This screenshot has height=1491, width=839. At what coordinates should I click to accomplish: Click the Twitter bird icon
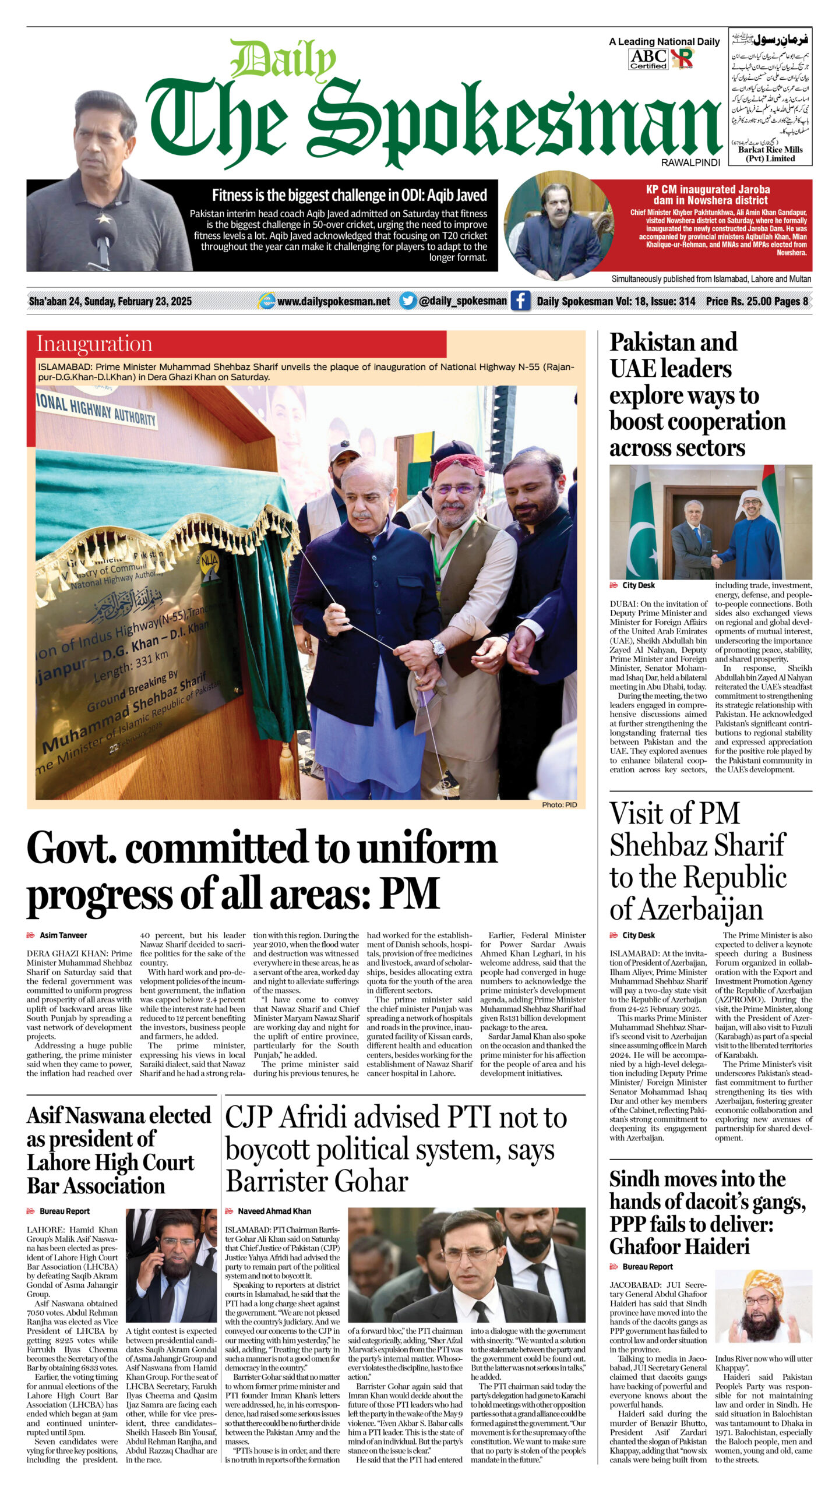[408, 301]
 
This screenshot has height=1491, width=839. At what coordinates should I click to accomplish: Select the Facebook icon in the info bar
[520, 301]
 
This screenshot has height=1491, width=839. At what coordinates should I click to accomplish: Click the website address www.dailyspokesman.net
[334, 302]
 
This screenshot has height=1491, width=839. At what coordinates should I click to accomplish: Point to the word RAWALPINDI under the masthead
[690, 163]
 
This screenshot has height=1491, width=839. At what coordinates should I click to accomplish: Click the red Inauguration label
[94, 344]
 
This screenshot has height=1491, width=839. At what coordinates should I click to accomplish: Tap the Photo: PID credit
[559, 804]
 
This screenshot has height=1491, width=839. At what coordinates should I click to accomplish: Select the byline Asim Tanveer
[63, 935]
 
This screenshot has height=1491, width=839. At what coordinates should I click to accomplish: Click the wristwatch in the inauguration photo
[438, 646]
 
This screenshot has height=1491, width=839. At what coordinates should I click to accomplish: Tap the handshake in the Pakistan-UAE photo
[715, 562]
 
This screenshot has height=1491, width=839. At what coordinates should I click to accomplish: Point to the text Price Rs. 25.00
[738, 302]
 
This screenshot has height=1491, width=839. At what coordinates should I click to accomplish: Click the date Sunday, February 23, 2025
[138, 302]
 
